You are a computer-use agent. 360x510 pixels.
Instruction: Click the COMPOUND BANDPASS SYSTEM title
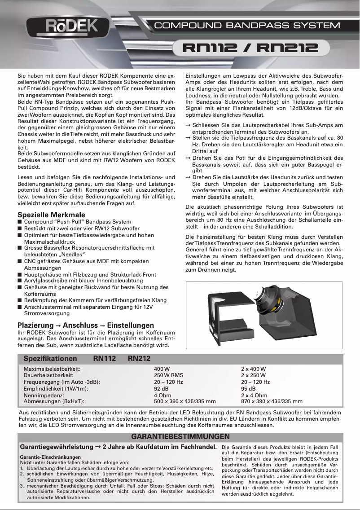click(x=247, y=26)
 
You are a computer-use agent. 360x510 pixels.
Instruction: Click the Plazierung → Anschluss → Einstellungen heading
click(x=85, y=325)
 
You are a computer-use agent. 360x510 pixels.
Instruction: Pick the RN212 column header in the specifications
click(x=139, y=359)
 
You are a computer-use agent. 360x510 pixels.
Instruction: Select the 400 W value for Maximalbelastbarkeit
click(x=162, y=369)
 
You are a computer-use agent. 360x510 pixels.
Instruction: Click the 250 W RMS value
click(x=168, y=375)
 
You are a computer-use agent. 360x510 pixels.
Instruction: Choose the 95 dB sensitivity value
click(x=248, y=388)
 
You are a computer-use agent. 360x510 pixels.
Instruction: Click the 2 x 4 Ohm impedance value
click(x=254, y=395)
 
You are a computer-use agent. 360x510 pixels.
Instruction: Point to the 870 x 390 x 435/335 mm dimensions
click(x=272, y=401)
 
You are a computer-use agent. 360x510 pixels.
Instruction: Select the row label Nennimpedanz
click(x=43, y=395)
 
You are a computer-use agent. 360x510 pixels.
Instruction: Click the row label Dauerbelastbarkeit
click(x=48, y=375)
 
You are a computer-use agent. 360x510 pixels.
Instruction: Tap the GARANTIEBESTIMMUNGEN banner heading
click(x=180, y=436)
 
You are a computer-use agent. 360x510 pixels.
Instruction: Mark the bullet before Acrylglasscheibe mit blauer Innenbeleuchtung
click(x=20, y=281)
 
